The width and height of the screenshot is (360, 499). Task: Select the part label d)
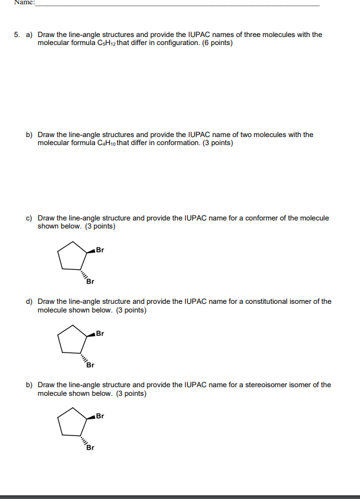(29, 301)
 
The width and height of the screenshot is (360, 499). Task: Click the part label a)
(29, 35)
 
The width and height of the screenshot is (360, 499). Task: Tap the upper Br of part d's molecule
(101, 333)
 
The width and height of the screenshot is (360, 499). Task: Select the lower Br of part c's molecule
(90, 282)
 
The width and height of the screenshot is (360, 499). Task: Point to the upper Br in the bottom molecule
(101, 416)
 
